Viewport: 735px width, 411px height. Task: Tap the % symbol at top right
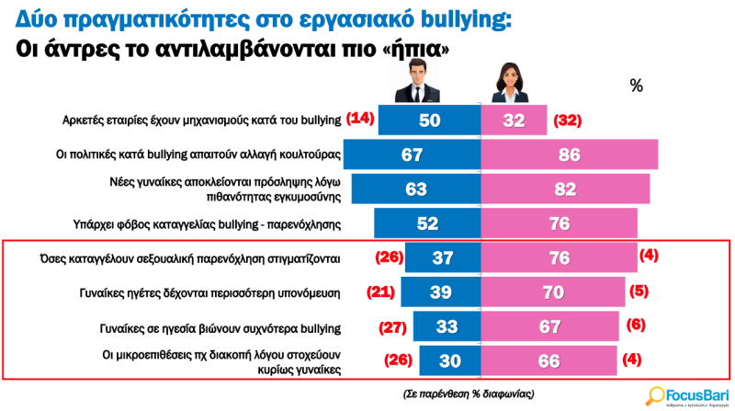637,86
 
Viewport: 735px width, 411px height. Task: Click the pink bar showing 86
570,154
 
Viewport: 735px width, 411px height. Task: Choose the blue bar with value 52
428,223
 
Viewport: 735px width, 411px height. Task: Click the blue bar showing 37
444,258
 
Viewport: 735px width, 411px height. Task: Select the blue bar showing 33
447,327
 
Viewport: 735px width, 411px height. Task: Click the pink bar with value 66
549,360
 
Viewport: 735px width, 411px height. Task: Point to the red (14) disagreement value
359,119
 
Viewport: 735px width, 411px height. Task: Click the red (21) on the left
381,293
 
